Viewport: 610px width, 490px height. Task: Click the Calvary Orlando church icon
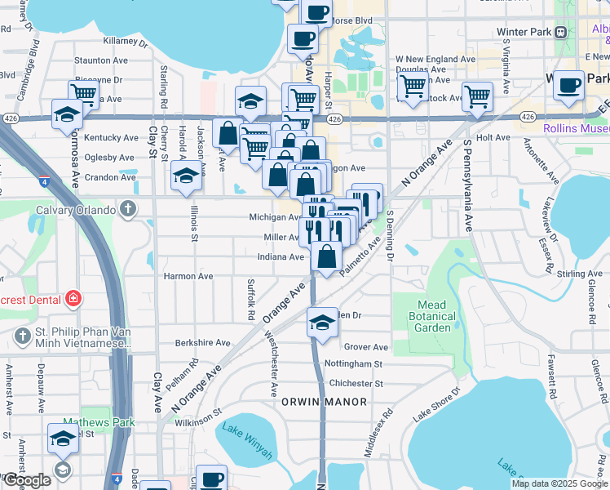coord(127,210)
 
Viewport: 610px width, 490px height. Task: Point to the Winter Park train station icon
coord(561,32)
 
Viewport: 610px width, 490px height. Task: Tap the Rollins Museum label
coord(577,127)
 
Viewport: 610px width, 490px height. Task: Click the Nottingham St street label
coord(353,363)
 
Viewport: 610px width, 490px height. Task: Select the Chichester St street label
coord(355,383)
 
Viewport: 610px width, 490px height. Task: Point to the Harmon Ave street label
coord(188,276)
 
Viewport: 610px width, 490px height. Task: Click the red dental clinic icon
coord(73,298)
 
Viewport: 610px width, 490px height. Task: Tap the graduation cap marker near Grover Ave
coord(322,322)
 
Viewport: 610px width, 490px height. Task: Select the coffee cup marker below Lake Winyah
coord(212,479)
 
